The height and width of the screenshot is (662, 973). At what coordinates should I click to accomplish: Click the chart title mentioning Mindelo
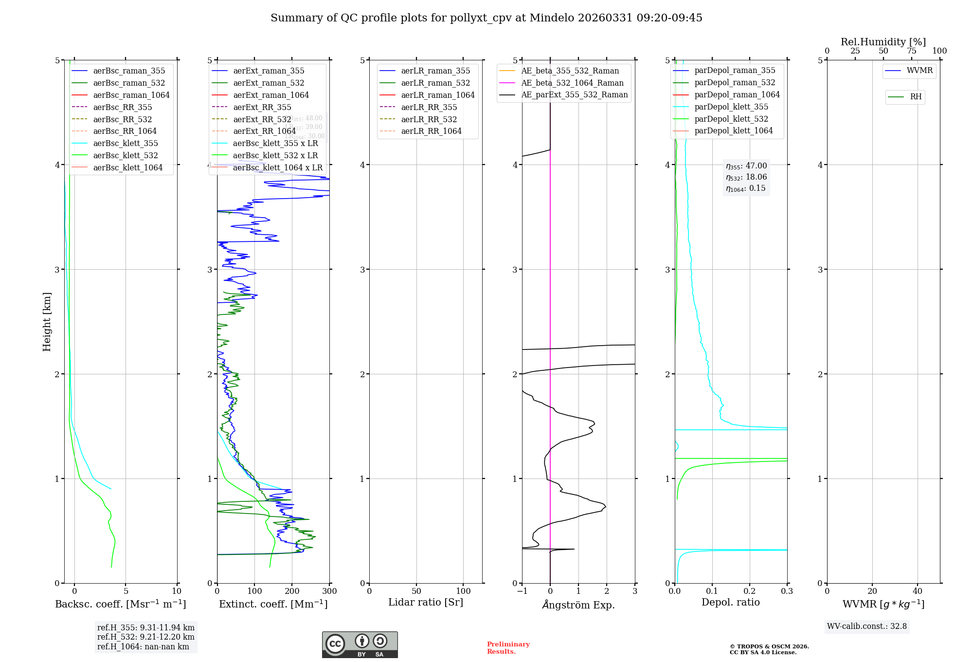486,18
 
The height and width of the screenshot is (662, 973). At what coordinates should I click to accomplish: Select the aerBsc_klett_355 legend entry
125,143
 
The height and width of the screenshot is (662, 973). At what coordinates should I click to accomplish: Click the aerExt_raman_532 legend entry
269,83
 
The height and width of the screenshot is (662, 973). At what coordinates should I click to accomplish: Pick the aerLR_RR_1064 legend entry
431,131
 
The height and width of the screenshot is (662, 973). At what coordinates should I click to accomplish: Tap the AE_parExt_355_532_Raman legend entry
574,94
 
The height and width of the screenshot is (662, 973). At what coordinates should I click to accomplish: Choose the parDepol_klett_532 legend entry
731,119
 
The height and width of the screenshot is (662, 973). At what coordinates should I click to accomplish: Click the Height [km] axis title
47,321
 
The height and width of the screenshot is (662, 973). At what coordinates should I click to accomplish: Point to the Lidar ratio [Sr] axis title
426,602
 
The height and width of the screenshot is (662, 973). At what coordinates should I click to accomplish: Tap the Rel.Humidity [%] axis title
883,42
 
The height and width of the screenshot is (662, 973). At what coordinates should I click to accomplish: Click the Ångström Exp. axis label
578,605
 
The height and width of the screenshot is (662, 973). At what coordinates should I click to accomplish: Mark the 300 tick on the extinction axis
329,591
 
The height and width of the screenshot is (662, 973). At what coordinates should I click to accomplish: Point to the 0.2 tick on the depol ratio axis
750,591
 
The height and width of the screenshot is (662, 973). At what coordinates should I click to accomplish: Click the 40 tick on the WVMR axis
918,591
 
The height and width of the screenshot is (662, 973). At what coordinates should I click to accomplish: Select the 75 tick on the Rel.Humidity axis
911,51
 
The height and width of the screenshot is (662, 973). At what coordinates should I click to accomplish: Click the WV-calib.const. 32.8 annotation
867,626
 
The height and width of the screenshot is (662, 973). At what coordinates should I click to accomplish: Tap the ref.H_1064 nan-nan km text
143,646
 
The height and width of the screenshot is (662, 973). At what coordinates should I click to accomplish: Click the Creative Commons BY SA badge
360,644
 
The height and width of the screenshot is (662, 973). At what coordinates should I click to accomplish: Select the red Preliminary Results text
508,647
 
